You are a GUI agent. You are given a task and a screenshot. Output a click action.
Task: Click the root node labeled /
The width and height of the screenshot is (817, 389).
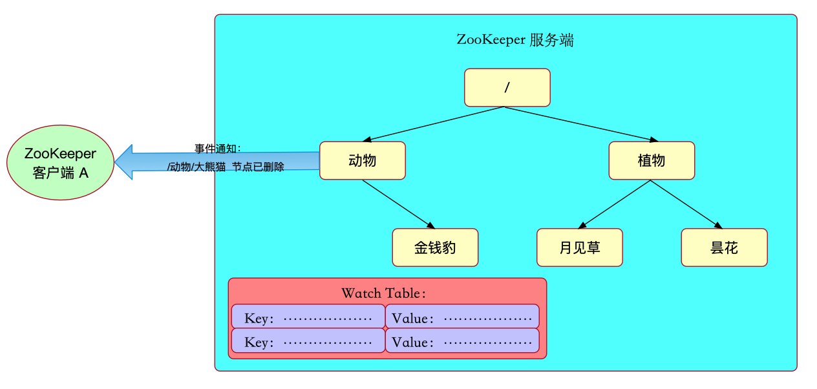pyautogui.click(x=507, y=88)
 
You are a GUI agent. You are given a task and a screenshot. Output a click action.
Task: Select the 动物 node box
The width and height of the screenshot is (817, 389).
pyautogui.click(x=362, y=160)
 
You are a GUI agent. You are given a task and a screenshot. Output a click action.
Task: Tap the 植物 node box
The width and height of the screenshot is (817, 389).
pyautogui.click(x=651, y=160)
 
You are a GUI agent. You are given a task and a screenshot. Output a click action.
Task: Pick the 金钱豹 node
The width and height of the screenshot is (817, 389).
pyautogui.click(x=435, y=247)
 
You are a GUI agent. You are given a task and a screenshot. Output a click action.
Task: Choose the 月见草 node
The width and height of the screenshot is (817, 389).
pyautogui.click(x=579, y=247)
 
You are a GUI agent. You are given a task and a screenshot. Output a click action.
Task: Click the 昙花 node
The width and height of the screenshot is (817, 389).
pyautogui.click(x=724, y=247)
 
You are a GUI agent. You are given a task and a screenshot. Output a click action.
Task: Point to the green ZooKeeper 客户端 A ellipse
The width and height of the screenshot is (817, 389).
pyautogui.click(x=60, y=162)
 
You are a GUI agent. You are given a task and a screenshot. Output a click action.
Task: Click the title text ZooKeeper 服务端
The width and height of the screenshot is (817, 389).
pyautogui.click(x=515, y=40)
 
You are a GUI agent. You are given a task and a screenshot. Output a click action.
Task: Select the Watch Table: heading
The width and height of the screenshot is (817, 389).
pyautogui.click(x=384, y=293)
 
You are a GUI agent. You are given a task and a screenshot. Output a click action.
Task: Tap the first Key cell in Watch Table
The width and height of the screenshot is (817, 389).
pyautogui.click(x=308, y=317)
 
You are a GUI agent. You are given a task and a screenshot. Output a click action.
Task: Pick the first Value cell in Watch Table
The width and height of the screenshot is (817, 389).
pyautogui.click(x=462, y=317)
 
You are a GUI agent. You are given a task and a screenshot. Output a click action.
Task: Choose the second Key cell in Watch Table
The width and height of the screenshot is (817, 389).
pyautogui.click(x=308, y=341)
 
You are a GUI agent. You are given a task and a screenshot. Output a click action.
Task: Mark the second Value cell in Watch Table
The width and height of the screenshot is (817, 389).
pyautogui.click(x=462, y=341)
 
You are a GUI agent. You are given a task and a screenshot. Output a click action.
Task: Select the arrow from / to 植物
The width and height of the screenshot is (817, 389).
pyautogui.click(x=579, y=124)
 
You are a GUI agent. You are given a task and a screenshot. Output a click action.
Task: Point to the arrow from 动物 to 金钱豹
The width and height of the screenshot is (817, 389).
pyautogui.click(x=399, y=204)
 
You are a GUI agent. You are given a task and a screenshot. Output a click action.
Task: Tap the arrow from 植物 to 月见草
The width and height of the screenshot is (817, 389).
pyautogui.click(x=615, y=204)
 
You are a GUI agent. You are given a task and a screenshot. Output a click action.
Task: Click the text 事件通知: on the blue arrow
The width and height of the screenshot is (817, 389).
pyautogui.click(x=218, y=148)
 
